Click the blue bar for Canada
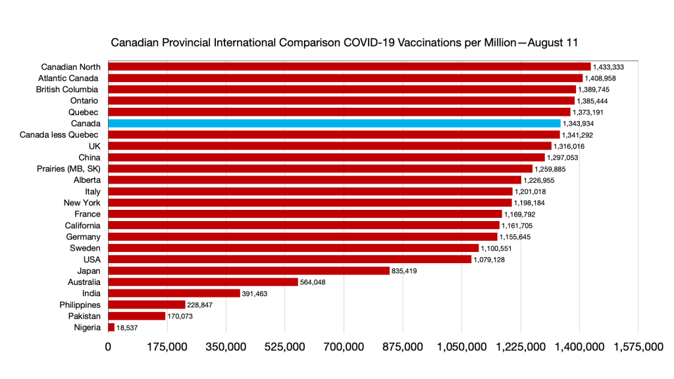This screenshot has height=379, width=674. point(334,123)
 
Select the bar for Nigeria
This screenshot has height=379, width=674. point(111,327)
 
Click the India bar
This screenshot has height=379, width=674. point(174,293)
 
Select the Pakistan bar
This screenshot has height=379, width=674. point(136,316)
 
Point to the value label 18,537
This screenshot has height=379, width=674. point(129,328)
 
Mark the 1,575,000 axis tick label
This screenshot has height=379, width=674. point(638,347)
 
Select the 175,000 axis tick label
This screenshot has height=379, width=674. point(167,347)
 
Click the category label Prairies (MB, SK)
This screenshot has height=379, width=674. point(68,168)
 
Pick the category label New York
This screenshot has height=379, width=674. point(82,203)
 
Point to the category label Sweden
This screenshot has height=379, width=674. point(85,248)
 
